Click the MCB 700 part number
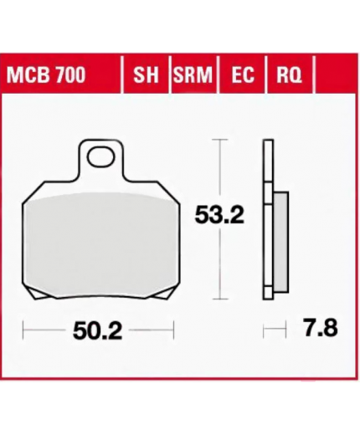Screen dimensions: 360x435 [x=46, y=74]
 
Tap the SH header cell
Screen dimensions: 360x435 [x=146, y=74]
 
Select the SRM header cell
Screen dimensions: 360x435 [x=193, y=74]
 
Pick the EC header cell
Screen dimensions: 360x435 [x=243, y=74]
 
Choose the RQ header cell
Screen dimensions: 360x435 [x=289, y=74]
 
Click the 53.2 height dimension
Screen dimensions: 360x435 [x=219, y=215]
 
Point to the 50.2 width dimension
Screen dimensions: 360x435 [x=97, y=331]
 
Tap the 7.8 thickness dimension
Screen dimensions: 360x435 [x=321, y=328]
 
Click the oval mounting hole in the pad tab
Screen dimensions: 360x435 [x=100, y=157]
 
